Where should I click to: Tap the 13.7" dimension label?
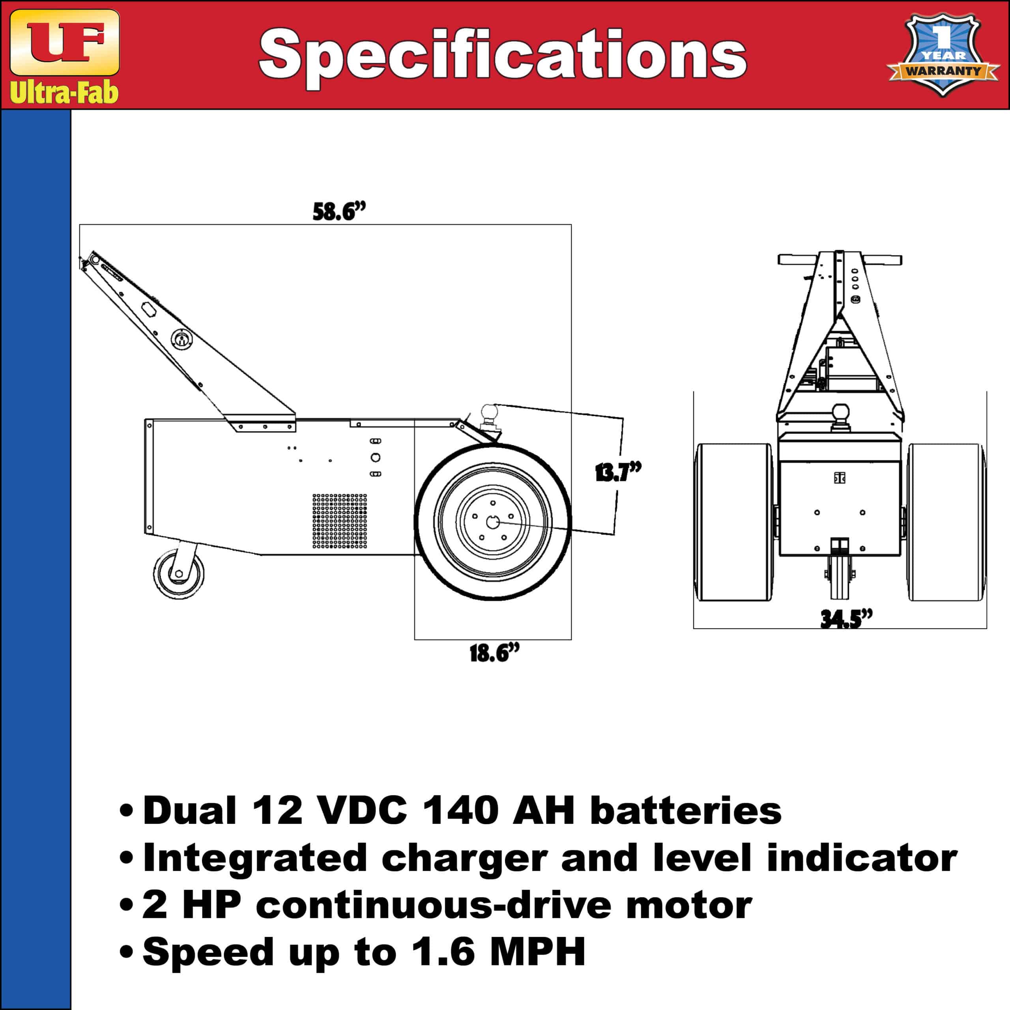click(618, 473)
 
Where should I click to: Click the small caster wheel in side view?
click(179, 574)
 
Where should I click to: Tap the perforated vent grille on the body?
click(340, 521)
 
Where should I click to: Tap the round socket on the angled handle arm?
click(181, 341)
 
